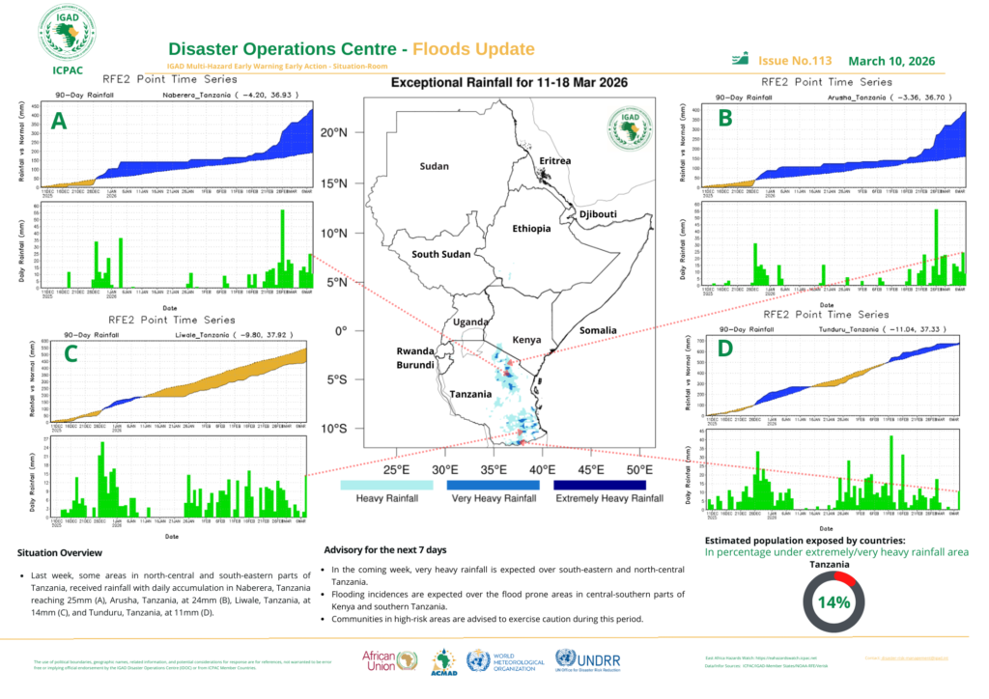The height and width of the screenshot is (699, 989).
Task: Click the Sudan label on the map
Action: pos(435,167)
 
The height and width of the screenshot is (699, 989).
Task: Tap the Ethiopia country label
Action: pos(531,229)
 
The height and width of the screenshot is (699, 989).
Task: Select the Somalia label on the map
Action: pos(598,330)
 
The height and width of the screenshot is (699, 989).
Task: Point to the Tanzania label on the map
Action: pos(470,395)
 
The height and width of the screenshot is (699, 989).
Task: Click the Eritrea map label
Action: pos(555,160)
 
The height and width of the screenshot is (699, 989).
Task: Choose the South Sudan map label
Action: pos(440,255)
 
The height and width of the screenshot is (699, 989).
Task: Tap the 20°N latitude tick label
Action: pos(333,132)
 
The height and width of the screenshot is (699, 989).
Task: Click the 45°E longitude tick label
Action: pos(590,470)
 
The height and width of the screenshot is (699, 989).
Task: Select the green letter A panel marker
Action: pos(59,122)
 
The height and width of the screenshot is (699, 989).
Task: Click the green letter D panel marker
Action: pos(725,348)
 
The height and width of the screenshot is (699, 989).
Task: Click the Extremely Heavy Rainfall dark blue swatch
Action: pos(601,484)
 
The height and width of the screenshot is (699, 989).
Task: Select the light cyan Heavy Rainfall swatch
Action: pos(373,484)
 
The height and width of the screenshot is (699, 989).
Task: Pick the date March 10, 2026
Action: pos(891,60)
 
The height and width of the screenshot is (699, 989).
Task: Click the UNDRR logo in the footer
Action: pos(592,660)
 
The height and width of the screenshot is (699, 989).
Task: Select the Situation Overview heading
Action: pos(60,553)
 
